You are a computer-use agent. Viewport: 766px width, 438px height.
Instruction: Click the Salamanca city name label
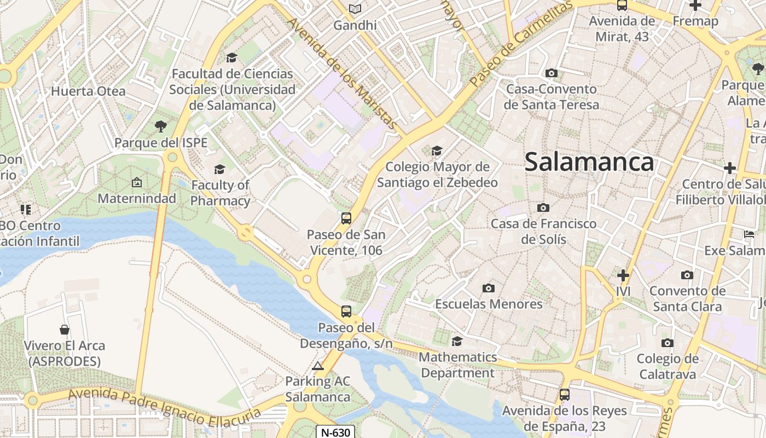[x=589, y=162]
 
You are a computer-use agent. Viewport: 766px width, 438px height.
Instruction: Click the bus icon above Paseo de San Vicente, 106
[x=346, y=218]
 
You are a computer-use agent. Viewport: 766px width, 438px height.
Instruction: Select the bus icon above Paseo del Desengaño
[x=346, y=312]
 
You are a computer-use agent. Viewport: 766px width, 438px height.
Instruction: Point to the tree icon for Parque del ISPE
[x=161, y=126]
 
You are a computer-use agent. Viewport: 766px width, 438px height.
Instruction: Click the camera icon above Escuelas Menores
[x=488, y=288]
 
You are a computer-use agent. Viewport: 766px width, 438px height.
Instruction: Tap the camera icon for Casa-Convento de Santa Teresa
[x=551, y=73]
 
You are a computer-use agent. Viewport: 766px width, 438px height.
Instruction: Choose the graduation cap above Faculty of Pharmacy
[x=220, y=169]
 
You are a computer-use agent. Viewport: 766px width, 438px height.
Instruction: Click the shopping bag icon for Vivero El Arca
[x=65, y=330]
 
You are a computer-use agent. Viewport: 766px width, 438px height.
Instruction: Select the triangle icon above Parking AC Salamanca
[x=317, y=366]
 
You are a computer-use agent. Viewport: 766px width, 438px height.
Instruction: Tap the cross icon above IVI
[x=623, y=275]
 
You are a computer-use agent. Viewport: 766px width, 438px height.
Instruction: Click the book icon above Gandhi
[x=355, y=9]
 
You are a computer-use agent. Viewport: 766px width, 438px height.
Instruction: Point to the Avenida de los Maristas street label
[x=343, y=74]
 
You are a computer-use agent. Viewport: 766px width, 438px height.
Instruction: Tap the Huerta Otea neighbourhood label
[x=88, y=91]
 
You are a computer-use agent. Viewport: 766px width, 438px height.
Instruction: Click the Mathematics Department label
[x=457, y=365]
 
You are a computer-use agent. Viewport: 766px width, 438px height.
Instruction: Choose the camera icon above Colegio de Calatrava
[x=667, y=343]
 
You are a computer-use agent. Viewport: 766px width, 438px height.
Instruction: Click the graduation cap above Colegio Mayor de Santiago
[x=437, y=151]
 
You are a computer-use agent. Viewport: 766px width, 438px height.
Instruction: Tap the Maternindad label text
[x=137, y=198]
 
